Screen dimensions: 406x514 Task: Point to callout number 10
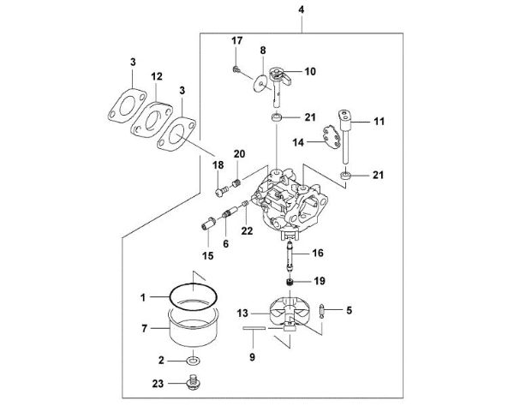(309, 70)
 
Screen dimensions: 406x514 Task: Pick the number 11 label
(378, 123)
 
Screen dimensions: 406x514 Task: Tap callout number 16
(319, 254)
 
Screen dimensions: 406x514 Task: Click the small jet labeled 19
(292, 281)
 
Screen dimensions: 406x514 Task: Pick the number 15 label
(208, 256)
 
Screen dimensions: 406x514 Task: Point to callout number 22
(248, 230)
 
